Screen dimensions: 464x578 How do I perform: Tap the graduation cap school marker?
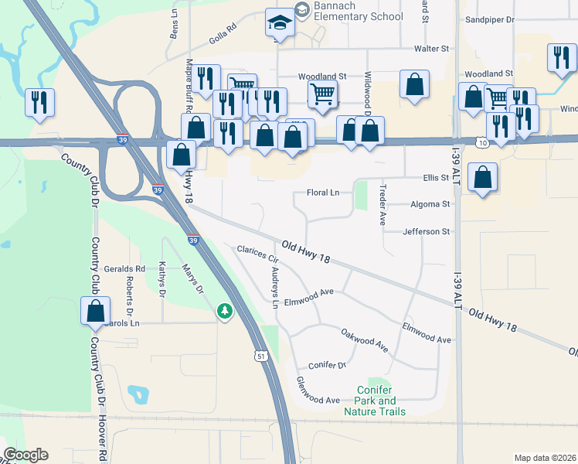coord(279,24)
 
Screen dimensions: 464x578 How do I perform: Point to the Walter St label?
coord(431,49)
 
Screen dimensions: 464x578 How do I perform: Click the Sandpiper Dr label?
coord(495,20)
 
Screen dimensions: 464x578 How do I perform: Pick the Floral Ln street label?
coord(323,192)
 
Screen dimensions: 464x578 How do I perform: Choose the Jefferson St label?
coord(426,231)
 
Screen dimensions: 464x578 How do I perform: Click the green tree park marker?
coord(225,312)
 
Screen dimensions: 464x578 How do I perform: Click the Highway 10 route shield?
coord(483,144)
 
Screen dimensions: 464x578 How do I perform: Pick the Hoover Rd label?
coord(102,433)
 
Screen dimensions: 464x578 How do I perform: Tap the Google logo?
coord(25,455)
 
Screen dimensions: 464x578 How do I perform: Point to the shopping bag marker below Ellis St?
coord(482,179)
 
